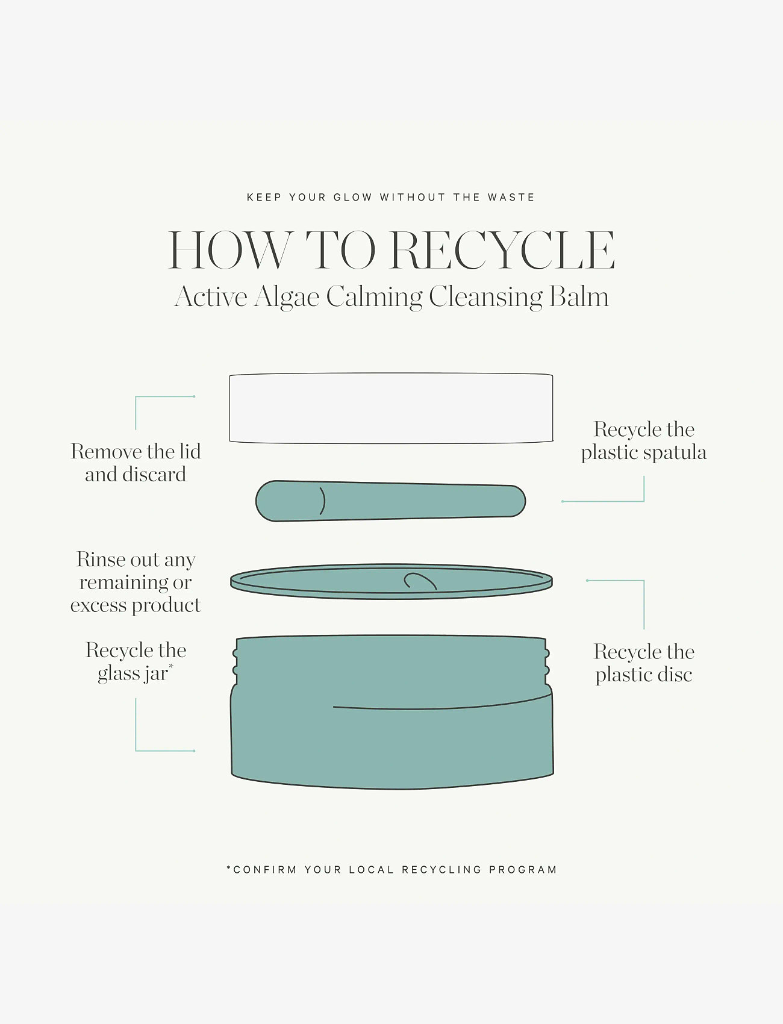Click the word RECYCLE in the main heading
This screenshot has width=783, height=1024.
click(503, 250)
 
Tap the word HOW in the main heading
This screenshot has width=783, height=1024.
click(229, 250)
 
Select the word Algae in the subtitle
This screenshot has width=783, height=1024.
click(287, 298)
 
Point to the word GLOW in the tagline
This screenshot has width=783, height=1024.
click(353, 197)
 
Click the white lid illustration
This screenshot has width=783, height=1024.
click(391, 408)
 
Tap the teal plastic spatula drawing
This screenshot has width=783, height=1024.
click(390, 501)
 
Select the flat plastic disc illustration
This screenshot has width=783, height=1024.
click(391, 581)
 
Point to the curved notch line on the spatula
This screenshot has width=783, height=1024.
click(322, 501)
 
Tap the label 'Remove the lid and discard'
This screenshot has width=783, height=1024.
click(136, 463)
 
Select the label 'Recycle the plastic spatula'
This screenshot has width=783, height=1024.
click(644, 440)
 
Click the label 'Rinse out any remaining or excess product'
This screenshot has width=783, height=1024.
click(136, 582)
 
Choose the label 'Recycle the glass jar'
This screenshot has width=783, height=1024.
click(136, 661)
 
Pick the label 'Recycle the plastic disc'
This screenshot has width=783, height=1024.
click(644, 663)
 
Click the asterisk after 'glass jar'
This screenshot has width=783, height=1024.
click(171, 666)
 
